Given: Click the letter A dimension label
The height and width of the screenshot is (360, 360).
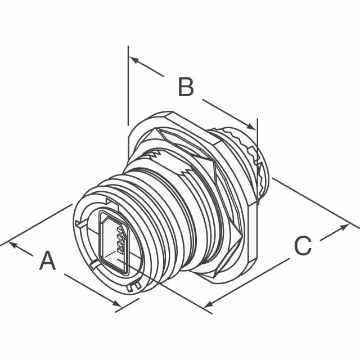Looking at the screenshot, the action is (x=47, y=260).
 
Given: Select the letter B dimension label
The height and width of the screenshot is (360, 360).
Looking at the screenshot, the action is (x=186, y=87).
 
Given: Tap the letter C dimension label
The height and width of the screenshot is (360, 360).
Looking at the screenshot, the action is (x=303, y=245).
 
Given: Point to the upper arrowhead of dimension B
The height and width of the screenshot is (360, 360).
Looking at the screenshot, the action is (x=134, y=60).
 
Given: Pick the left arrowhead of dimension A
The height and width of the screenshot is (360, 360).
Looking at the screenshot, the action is (x=13, y=245).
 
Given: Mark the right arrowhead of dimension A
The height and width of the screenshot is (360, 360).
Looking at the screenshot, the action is (x=117, y=303).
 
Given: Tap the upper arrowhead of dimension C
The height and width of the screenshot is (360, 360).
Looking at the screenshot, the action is (x=344, y=227).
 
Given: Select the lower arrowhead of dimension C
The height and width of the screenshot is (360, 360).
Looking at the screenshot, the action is (x=209, y=304).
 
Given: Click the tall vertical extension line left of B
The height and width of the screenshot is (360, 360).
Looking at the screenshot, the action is (x=128, y=85).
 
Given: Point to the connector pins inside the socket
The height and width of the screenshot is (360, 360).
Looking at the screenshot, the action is (x=121, y=237).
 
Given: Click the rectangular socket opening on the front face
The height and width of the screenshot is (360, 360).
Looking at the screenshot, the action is (x=114, y=242).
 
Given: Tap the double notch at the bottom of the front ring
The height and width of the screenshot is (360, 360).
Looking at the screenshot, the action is (x=134, y=286).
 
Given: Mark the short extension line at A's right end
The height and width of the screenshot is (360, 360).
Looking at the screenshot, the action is (x=127, y=305).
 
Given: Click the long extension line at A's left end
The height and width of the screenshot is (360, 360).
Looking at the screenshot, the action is (x=36, y=225).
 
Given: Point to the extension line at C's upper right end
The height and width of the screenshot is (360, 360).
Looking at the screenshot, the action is (x=316, y=203).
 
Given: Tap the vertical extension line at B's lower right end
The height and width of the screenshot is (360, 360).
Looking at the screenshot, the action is (x=258, y=161).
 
